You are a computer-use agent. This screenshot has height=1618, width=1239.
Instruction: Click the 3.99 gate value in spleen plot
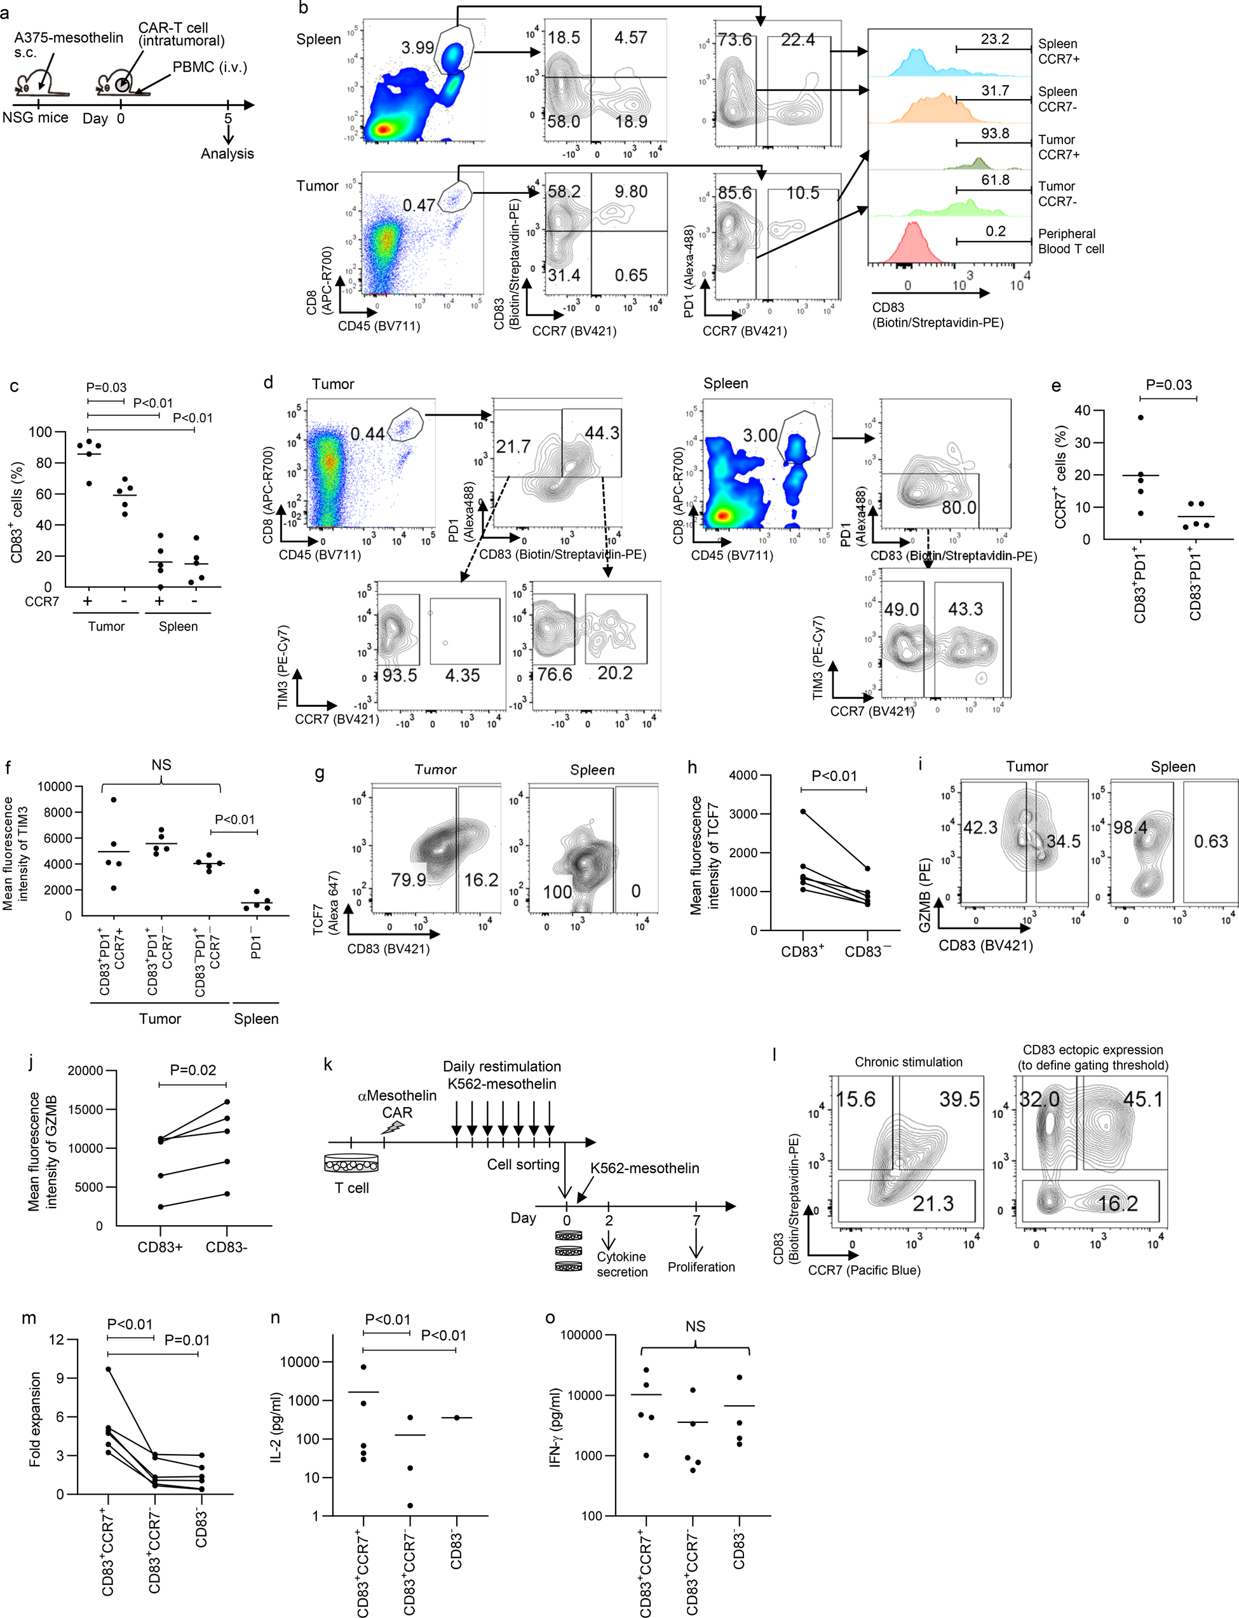[417, 48]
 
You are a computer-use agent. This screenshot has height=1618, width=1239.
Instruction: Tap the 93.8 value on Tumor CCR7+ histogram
[994, 133]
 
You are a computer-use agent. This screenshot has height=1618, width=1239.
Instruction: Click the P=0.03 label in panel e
[1168, 385]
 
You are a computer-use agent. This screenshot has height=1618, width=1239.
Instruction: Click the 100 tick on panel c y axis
[41, 432]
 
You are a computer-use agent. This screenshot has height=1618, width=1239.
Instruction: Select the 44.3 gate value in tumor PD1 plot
[601, 433]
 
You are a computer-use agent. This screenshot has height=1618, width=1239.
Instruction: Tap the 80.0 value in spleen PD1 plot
[958, 507]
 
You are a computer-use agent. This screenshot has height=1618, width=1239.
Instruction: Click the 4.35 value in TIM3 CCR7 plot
[462, 675]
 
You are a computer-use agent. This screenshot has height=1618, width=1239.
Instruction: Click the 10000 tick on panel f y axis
[55, 787]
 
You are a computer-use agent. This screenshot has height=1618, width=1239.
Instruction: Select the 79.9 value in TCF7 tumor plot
[409, 879]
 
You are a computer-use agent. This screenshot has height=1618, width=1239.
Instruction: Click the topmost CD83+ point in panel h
[803, 811]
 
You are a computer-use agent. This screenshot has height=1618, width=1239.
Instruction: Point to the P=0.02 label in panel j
[193, 1070]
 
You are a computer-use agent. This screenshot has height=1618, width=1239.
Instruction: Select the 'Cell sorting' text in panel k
[523, 1164]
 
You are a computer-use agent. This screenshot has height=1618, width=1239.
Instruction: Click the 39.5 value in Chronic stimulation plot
[959, 1099]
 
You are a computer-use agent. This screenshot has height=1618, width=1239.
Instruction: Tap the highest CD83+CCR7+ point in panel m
[109, 1370]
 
